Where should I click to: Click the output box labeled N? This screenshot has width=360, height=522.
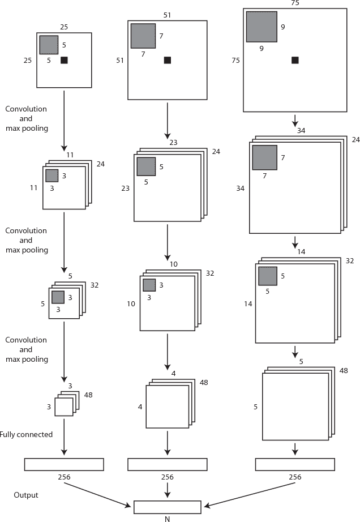167,507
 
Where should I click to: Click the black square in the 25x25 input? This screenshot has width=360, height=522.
64,60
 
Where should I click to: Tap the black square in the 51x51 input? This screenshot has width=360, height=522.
168,60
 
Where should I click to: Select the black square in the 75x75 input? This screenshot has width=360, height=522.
295,60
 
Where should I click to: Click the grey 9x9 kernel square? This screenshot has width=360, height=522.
262,27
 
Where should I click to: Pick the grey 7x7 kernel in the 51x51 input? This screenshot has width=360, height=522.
143,36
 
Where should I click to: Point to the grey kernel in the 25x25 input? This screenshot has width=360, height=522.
49,45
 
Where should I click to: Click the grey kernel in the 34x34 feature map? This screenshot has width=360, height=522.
264,157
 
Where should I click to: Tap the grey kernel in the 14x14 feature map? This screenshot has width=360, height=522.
268,276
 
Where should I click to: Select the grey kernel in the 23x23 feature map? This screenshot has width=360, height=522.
146,166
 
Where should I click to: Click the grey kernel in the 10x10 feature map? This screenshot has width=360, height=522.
149,285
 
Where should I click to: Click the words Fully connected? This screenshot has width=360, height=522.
27,435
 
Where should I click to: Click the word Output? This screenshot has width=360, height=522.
26,495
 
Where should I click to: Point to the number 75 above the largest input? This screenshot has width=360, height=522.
294,3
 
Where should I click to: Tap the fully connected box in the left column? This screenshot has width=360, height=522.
64,464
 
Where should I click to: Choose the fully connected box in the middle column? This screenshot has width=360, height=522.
167,464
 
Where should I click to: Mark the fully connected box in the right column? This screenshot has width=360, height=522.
295,464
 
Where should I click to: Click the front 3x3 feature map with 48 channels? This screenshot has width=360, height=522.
63,407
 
